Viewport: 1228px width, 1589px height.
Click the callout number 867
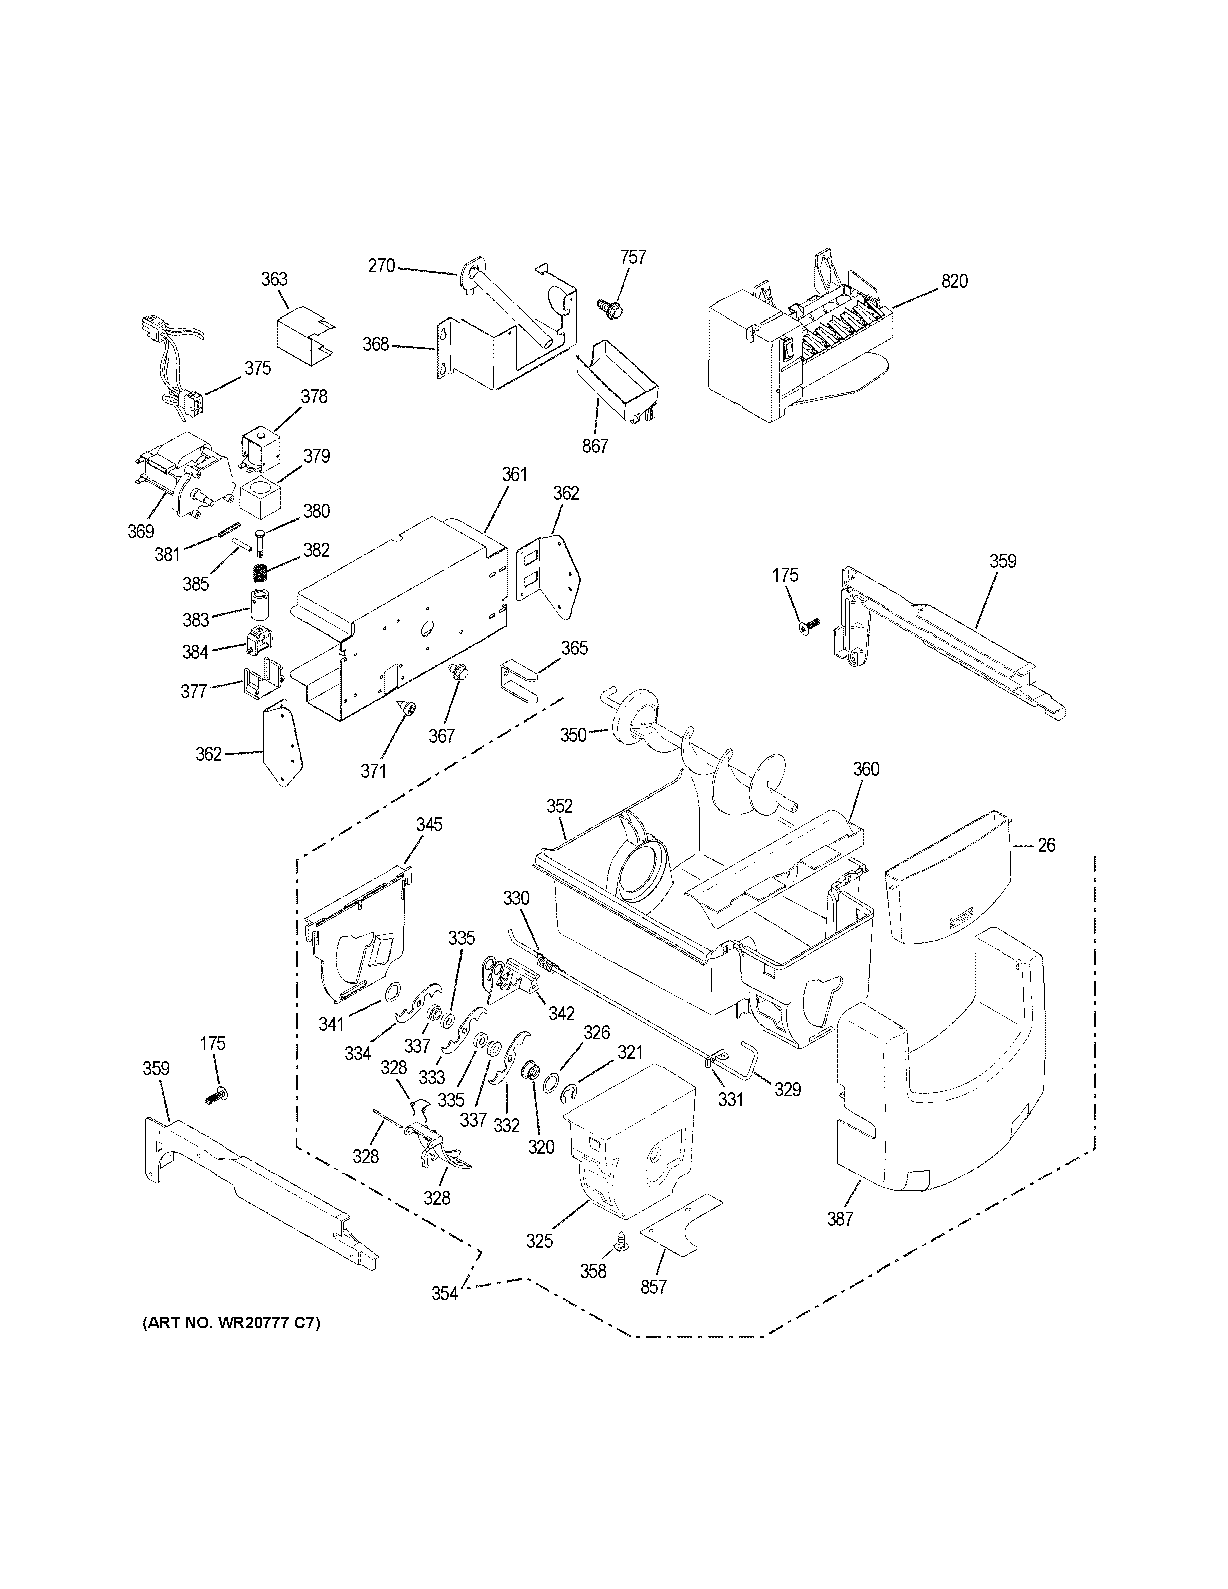pos(594,445)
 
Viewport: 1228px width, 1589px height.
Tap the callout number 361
pos(514,474)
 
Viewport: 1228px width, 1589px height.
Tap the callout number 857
pos(653,1287)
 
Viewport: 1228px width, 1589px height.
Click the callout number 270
pos(381,266)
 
